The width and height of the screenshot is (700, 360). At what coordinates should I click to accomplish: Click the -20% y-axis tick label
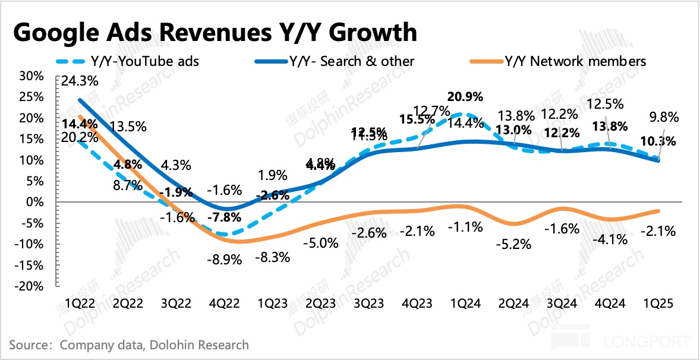pos(30,286)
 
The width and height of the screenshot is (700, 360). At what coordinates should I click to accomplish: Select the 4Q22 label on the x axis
pos(225,304)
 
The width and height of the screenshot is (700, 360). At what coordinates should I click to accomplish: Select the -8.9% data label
pos(225,260)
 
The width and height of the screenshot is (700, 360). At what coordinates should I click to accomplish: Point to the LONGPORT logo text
pos(647,343)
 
